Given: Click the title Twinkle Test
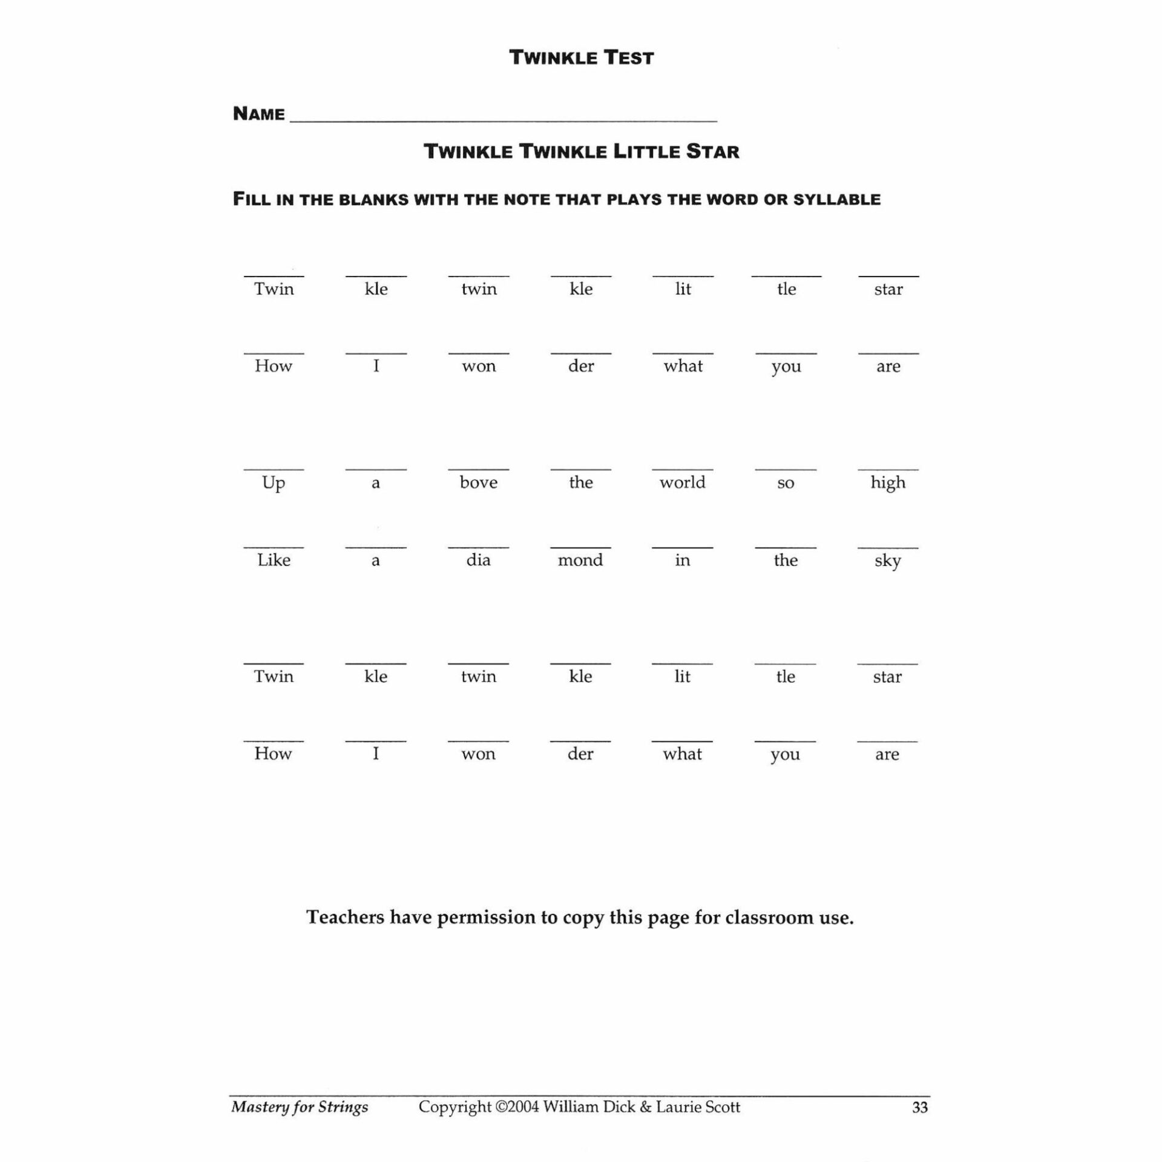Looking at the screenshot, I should click(581, 58).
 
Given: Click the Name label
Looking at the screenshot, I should click(258, 114).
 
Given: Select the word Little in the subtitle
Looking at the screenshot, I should click(646, 151).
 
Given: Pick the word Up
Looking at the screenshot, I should click(274, 484).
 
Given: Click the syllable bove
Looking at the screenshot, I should click(478, 482).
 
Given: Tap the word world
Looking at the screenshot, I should click(682, 482).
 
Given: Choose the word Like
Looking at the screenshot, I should click(274, 560).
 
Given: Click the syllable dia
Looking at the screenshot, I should click(478, 560).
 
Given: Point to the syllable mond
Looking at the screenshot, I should click(580, 560).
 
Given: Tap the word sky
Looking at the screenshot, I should click(887, 561).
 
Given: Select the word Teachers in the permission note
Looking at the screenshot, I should click(345, 917).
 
